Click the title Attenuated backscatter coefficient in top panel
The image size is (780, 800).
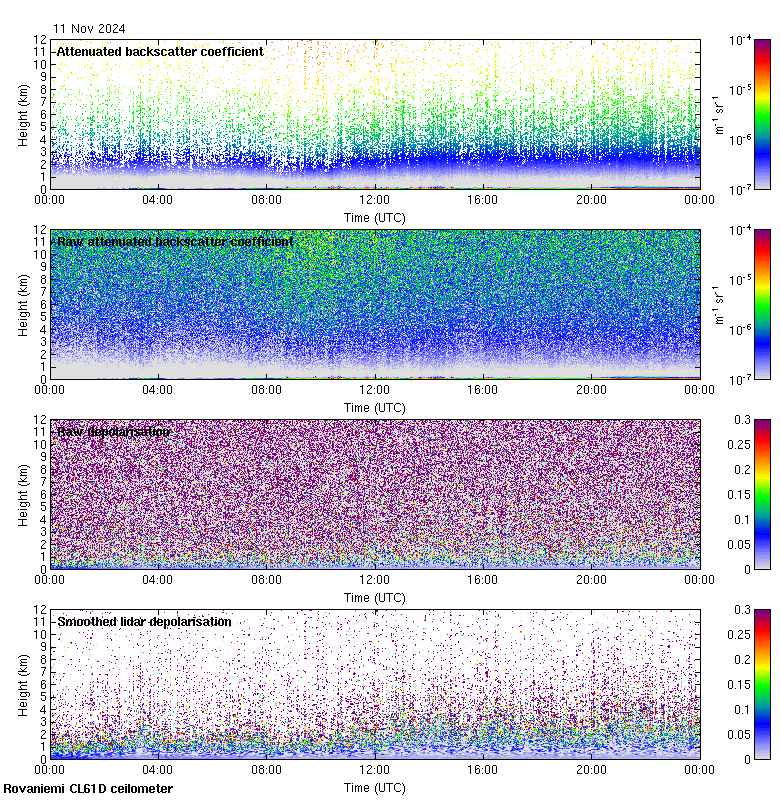[x=160, y=51]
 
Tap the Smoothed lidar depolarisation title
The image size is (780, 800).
[x=144, y=621]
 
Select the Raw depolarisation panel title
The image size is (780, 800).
[x=113, y=431]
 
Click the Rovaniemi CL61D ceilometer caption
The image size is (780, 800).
[x=87, y=789]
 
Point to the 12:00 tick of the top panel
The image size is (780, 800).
[x=374, y=199]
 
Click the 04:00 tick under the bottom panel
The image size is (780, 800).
[x=158, y=769]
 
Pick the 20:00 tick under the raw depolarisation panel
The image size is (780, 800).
[x=591, y=579]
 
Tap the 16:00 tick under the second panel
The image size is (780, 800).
[x=483, y=389]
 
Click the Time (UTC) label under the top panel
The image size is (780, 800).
[x=374, y=217]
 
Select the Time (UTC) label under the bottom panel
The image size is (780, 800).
[x=374, y=787]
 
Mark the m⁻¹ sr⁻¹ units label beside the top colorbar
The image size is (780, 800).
[x=717, y=114]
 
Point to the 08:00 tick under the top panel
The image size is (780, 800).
[x=266, y=199]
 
